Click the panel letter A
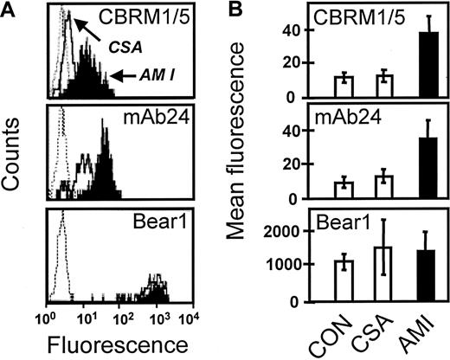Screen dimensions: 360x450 click(10, 10)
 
